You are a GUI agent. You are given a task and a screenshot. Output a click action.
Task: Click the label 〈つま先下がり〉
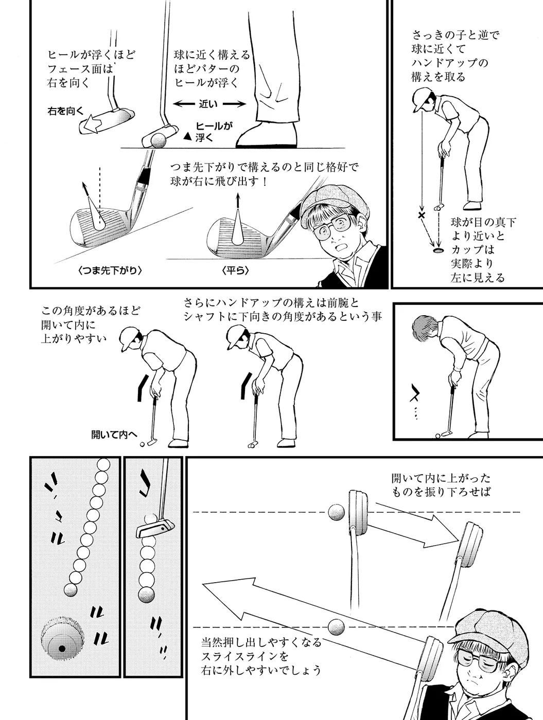[x=110, y=271]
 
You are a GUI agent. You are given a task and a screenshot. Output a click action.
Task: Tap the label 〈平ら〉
[x=235, y=271]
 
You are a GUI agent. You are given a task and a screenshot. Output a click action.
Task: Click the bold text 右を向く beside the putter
[x=66, y=112]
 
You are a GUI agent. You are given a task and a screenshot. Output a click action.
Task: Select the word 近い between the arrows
[x=208, y=104]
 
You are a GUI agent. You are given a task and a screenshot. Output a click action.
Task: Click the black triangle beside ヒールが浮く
[x=187, y=136]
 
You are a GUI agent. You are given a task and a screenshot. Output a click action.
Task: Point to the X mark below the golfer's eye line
[x=422, y=215]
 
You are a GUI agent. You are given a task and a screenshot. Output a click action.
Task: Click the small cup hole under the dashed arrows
[x=438, y=250]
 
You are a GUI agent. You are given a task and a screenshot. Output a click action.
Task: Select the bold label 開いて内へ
[x=114, y=435]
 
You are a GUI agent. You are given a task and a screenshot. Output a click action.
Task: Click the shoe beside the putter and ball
[x=267, y=135]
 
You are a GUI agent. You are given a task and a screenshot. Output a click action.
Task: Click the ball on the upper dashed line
[x=337, y=512]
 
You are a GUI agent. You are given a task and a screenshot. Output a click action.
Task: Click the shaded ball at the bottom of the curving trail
[x=71, y=590]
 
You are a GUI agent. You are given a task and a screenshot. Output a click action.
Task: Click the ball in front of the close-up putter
[x=159, y=141]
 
